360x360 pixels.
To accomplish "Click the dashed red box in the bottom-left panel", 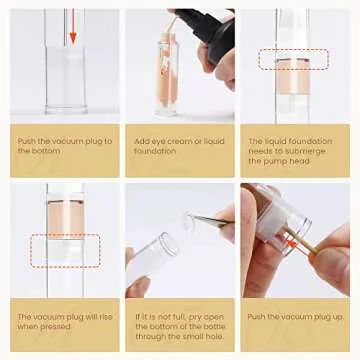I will click(x=65, y=249).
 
